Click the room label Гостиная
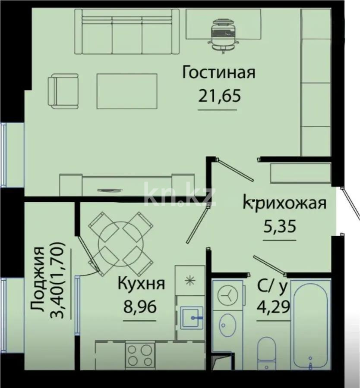click(x=218, y=72)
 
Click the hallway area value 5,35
click(x=279, y=226)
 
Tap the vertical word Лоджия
click(x=39, y=280)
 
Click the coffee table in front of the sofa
click(x=126, y=91)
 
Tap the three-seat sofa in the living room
click(x=127, y=33)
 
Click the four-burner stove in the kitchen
click(x=140, y=354)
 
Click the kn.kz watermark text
click(x=179, y=195)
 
